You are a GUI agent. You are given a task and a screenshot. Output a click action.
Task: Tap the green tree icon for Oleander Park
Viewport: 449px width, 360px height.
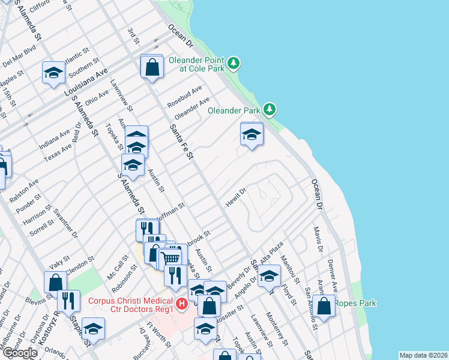pos(271,109)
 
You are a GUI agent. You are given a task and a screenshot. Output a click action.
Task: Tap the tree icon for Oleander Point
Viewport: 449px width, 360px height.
pos(234,62)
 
